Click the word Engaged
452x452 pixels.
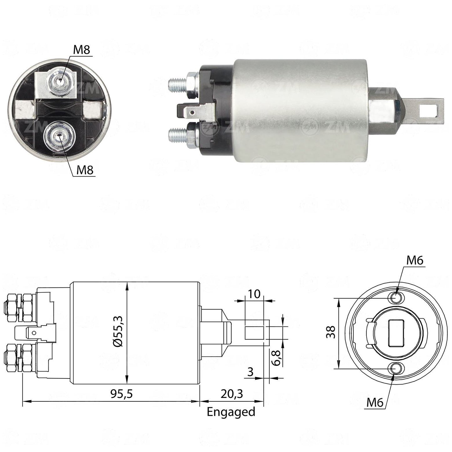click(231, 412)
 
